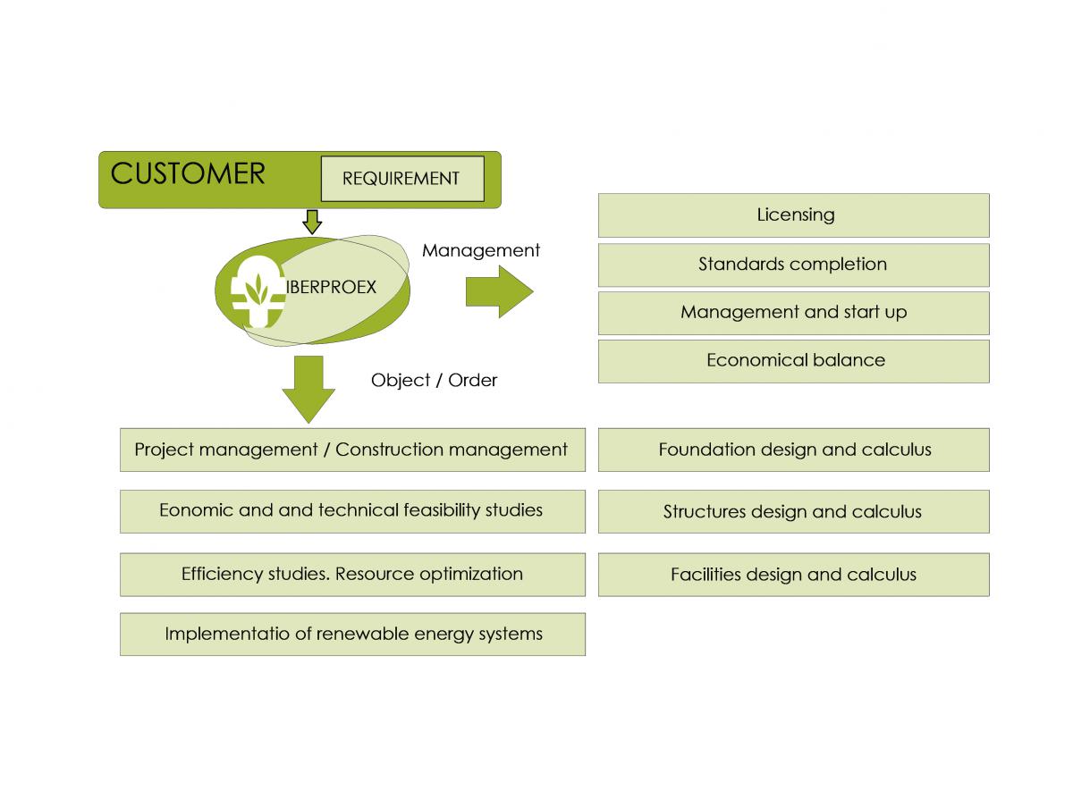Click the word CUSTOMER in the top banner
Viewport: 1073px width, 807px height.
coord(188,173)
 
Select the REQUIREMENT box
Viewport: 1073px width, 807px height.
coord(402,179)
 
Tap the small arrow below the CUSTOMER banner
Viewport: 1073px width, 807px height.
coord(312,223)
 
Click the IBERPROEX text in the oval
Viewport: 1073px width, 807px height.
coord(331,287)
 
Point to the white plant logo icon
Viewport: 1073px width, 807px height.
coord(258,291)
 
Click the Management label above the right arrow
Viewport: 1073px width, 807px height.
coord(480,250)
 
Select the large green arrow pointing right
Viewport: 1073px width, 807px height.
coord(499,291)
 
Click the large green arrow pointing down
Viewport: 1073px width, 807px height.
coord(308,390)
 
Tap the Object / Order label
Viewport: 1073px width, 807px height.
coord(434,380)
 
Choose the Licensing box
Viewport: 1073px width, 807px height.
coord(793,215)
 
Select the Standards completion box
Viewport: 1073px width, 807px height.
coord(793,265)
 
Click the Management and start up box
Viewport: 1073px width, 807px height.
coord(793,313)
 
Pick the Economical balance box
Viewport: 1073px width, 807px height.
coord(793,361)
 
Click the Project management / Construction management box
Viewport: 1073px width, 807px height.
coord(352,450)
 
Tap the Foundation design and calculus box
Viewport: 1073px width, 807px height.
coord(793,450)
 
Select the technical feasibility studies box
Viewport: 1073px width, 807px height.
coord(352,511)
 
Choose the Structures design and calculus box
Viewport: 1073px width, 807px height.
coord(793,511)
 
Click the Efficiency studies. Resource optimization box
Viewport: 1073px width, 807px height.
coord(352,575)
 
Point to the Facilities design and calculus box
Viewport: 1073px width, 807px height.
coord(793,575)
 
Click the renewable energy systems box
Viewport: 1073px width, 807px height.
coord(352,635)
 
